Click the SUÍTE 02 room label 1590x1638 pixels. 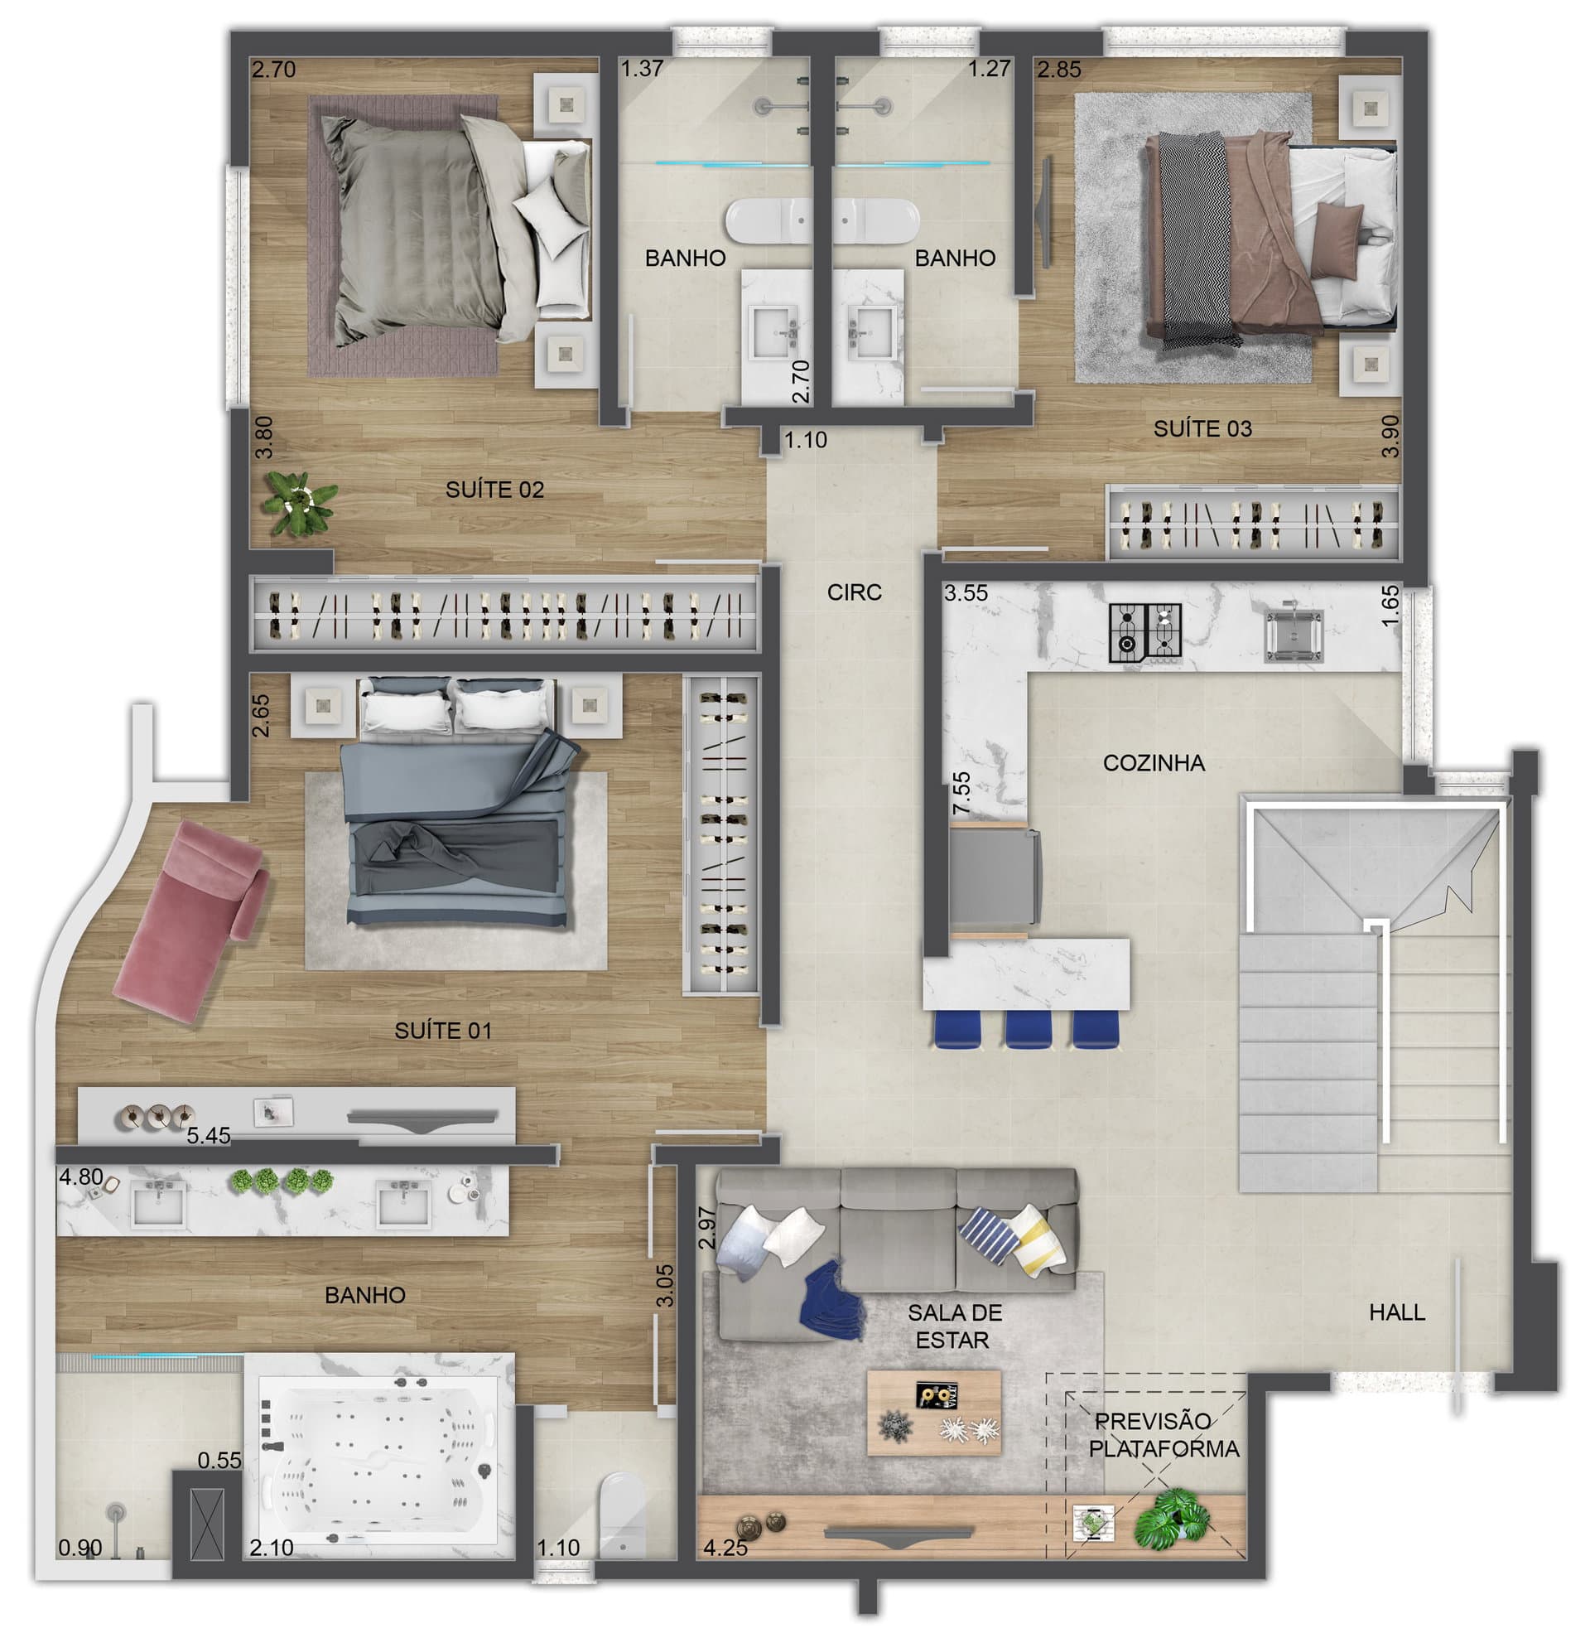click(494, 490)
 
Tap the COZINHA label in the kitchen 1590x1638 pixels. click(1153, 763)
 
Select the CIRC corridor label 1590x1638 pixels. click(854, 592)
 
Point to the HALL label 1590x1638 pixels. click(1396, 1313)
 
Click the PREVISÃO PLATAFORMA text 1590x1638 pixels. click(1163, 1436)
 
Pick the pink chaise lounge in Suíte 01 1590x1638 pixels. click(192, 920)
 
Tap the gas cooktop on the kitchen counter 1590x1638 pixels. click(1144, 633)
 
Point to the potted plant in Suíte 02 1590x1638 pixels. click(298, 503)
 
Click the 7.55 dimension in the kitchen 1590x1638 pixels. click(961, 793)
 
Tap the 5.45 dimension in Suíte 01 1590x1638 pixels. click(208, 1136)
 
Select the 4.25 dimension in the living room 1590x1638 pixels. click(725, 1548)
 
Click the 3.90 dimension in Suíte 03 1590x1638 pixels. click(1390, 437)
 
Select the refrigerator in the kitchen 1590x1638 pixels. click(995, 877)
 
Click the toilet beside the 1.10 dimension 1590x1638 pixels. click(624, 1515)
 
